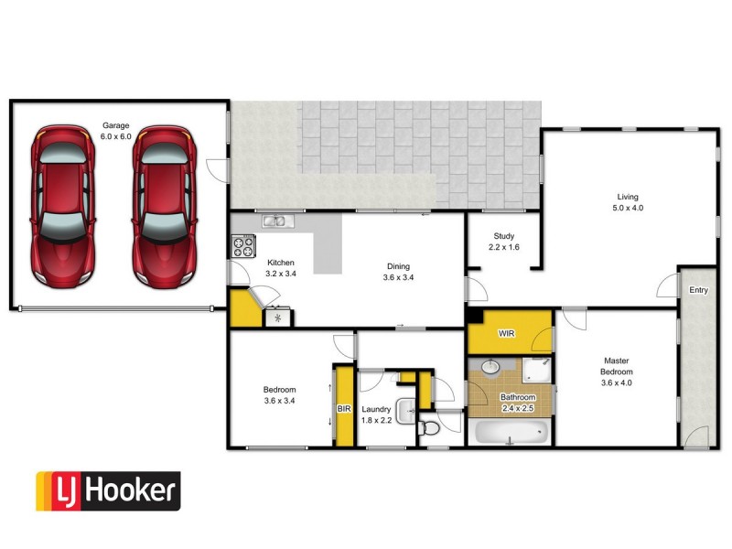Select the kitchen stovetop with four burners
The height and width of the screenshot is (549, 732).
tap(244, 245)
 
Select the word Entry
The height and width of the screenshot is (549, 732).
tap(699, 290)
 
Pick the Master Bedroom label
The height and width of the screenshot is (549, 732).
tap(614, 365)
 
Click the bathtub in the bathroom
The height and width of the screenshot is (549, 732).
tap(511, 432)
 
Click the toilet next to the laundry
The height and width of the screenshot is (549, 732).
tap(430, 427)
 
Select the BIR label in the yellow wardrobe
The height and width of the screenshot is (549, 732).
tap(344, 408)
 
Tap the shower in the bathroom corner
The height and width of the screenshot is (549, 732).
tap(538, 369)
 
